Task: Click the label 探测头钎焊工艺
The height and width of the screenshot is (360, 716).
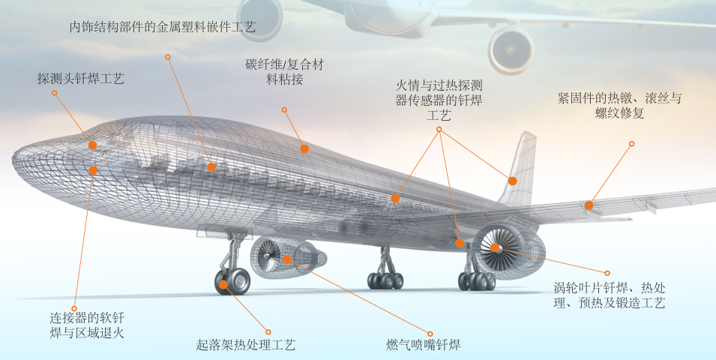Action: [x=81, y=78]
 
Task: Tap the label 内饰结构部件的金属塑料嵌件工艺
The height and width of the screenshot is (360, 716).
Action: [x=163, y=27]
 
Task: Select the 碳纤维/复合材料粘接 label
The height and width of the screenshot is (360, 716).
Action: [x=285, y=72]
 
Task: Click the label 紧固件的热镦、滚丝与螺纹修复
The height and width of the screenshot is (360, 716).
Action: [x=619, y=106]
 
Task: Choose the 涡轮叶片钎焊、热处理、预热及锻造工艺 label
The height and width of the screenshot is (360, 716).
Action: [x=609, y=295]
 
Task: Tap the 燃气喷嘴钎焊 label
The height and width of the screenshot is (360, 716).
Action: [x=418, y=345]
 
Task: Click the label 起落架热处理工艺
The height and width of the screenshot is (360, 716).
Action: [x=246, y=345]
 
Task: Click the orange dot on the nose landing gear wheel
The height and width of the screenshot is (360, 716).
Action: [x=223, y=284]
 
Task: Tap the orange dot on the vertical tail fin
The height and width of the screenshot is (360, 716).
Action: [x=513, y=181]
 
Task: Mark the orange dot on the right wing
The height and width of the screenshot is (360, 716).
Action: [x=589, y=205]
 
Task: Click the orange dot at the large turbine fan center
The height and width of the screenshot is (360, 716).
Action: [x=496, y=247]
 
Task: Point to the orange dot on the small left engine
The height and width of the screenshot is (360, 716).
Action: [x=287, y=259]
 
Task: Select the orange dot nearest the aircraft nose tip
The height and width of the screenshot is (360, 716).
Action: [x=92, y=145]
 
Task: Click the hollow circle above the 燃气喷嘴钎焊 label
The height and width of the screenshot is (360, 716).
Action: [x=430, y=333]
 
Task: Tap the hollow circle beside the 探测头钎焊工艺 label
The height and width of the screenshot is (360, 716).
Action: [x=55, y=93]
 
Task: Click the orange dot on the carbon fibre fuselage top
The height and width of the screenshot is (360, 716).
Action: [x=304, y=148]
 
